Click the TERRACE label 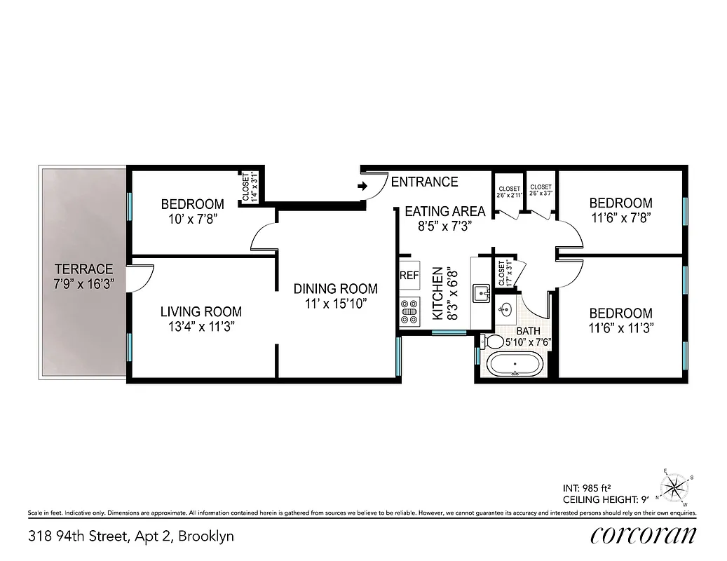click(x=83, y=269)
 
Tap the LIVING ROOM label click(x=201, y=311)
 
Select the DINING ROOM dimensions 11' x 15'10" click(x=335, y=304)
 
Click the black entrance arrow click(x=362, y=187)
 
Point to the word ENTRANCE click(x=424, y=182)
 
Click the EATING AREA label click(x=444, y=211)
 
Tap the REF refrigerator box click(x=409, y=276)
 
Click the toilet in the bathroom click(x=484, y=342)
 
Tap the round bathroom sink click(x=506, y=309)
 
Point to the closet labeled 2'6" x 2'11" click(x=509, y=192)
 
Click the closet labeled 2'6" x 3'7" click(x=541, y=191)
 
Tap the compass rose click(x=674, y=486)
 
